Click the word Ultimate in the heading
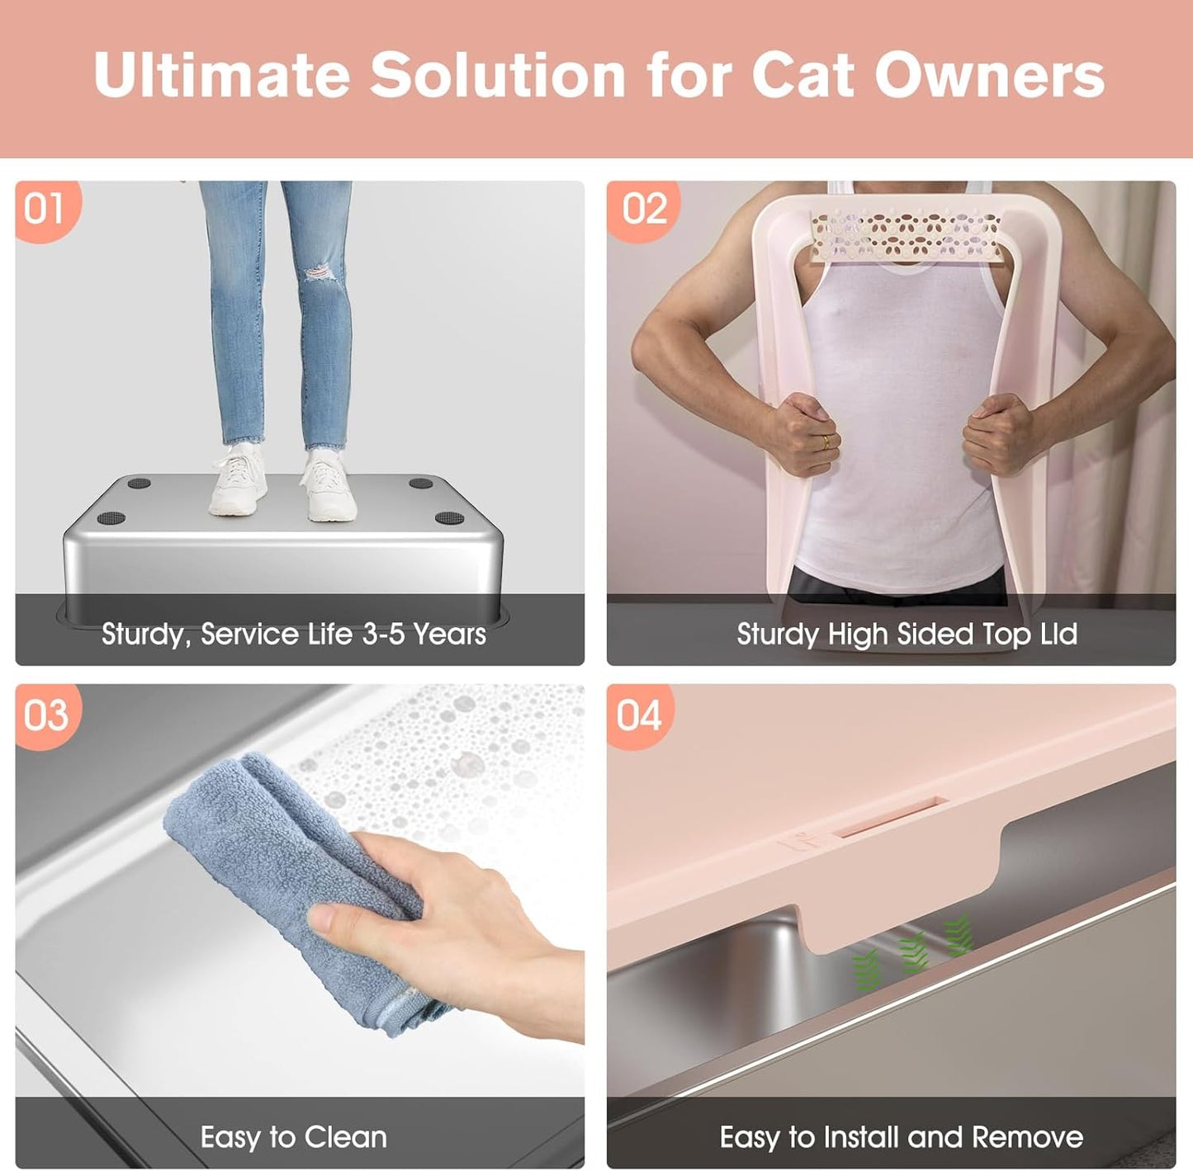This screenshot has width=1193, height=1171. click(x=221, y=76)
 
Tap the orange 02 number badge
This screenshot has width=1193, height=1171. click(x=643, y=209)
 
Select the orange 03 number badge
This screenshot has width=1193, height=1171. click(x=45, y=715)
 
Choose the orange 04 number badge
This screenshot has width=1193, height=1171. click(x=639, y=715)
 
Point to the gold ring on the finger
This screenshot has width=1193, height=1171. click(x=825, y=442)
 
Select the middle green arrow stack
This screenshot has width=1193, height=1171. click(x=913, y=953)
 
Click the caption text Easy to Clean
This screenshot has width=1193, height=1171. click(x=294, y=1137)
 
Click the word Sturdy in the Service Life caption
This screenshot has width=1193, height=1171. click(x=142, y=635)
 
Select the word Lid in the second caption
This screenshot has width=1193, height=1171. click(x=1058, y=634)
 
